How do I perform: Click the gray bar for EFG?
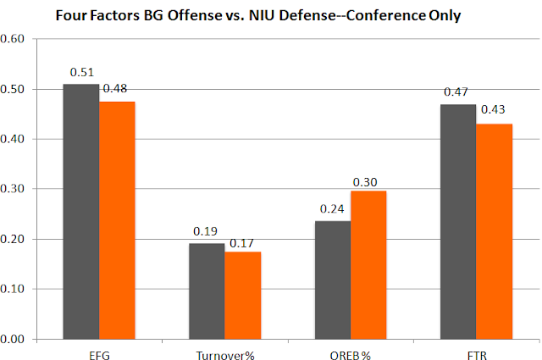pyautogui.click(x=82, y=212)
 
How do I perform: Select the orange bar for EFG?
pyautogui.click(x=118, y=220)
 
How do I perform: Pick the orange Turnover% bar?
pyautogui.click(x=242, y=296)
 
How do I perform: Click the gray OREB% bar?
pyautogui.click(x=333, y=280)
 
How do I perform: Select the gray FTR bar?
pyautogui.click(x=458, y=222)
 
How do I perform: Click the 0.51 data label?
pyautogui.click(x=82, y=73)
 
